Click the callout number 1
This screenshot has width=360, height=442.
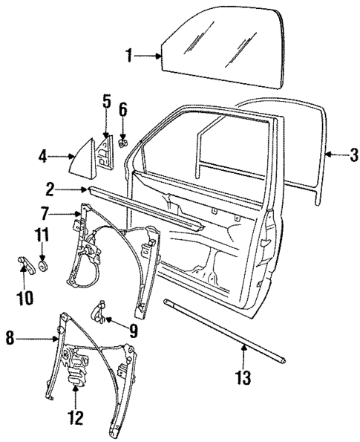[x=129, y=54]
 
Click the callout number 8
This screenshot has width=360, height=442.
[x=10, y=339]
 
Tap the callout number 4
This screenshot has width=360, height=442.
[x=43, y=156]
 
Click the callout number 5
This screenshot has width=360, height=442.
[x=106, y=100]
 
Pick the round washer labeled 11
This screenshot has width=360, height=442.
[x=42, y=264]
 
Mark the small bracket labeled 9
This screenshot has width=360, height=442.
[x=100, y=311]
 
